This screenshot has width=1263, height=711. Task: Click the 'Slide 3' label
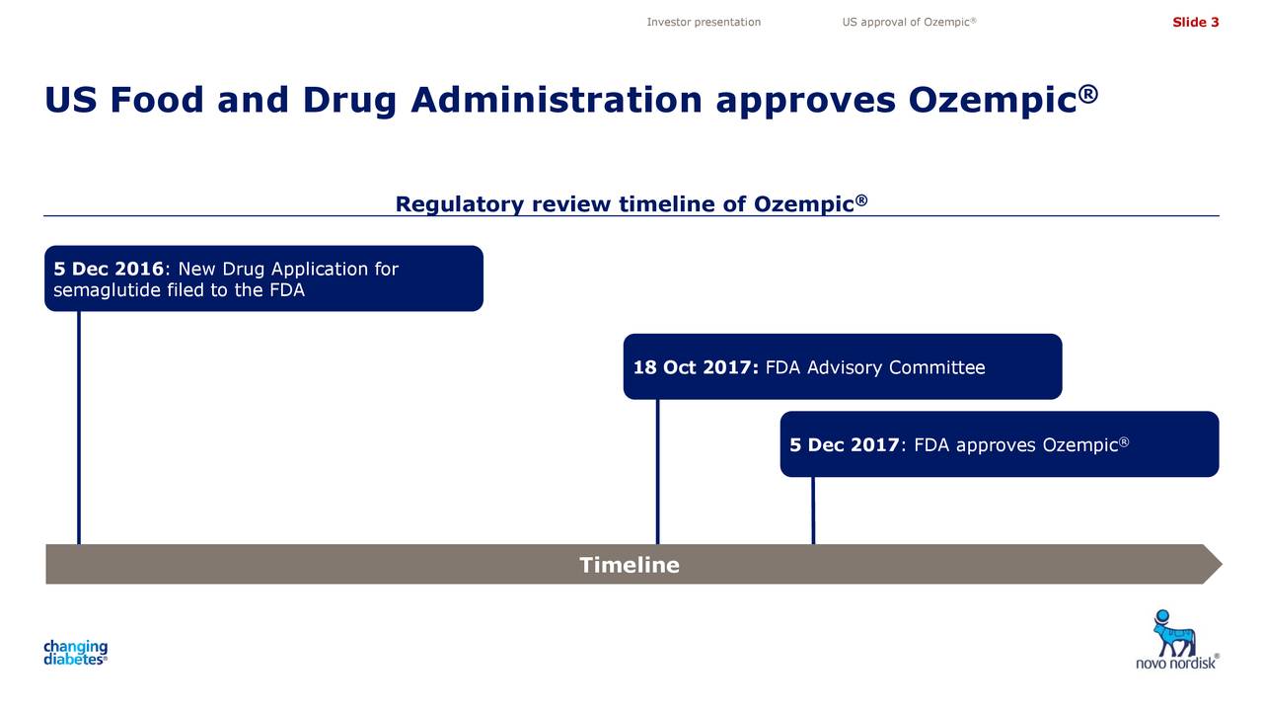[1195, 23]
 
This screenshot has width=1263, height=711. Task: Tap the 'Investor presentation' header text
[704, 23]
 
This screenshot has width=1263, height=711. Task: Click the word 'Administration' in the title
[556, 100]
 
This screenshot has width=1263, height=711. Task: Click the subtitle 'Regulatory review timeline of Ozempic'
[631, 204]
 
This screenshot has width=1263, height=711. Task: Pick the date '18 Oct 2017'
[695, 368]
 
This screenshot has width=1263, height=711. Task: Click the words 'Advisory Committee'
[896, 368]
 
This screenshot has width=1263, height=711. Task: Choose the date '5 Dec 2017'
[844, 445]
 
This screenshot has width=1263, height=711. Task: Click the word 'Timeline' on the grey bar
[630, 565]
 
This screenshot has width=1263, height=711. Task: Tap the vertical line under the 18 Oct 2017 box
[657, 471]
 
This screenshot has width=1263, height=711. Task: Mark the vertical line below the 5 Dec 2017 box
[813, 510]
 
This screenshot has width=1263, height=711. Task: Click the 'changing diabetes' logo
[75, 653]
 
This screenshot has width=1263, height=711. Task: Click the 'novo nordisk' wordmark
[1175, 664]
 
